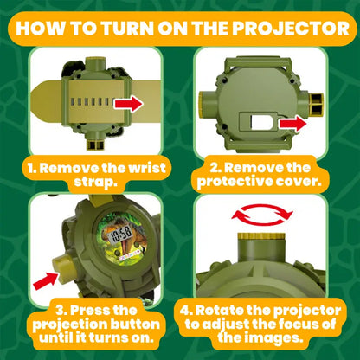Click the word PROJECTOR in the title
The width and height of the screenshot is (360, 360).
pyautogui.click(x=291, y=29)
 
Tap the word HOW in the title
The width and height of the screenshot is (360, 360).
pyautogui.click(x=40, y=29)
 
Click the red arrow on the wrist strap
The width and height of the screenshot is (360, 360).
pyautogui.click(x=129, y=104)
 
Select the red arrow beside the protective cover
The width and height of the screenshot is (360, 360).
pyautogui.click(x=292, y=124)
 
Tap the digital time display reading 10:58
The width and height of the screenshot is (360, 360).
pyautogui.click(x=121, y=234)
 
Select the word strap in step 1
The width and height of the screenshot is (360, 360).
pyautogui.click(x=96, y=182)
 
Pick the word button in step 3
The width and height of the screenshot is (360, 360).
pyautogui.click(x=135, y=324)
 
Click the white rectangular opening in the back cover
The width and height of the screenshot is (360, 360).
pyautogui.click(x=260, y=122)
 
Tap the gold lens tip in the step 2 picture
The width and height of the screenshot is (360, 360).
pyautogui.click(x=316, y=104)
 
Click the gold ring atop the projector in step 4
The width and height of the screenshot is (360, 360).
pyautogui.click(x=261, y=236)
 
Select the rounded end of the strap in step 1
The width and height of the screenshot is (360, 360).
pyautogui.click(x=41, y=104)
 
